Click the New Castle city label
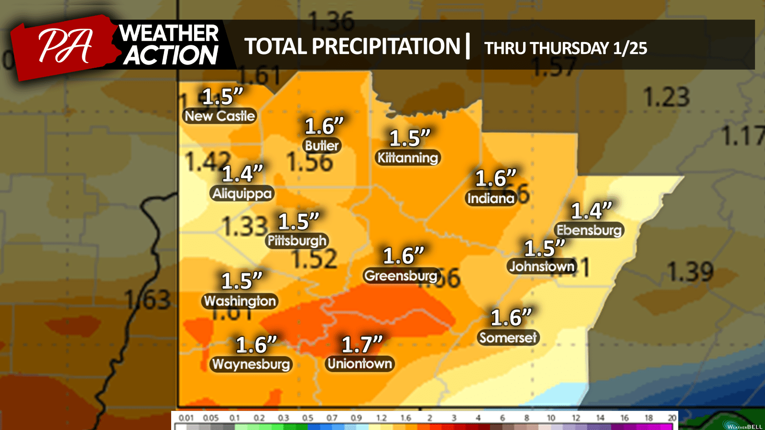coord(220,116)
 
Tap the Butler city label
coord(322,146)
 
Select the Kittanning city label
coord(407,158)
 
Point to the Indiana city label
coord(491,198)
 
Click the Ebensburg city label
coord(589,230)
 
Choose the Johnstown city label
coord(542,266)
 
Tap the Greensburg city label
coord(401,276)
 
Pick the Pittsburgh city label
coord(297,240)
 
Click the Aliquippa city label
coord(242,193)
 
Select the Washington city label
coord(240,301)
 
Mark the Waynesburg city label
coord(251,364)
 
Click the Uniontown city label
coord(360,364)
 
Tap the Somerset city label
coord(508,338)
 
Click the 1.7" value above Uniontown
coord(362,344)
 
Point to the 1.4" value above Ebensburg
coord(591,211)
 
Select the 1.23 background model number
coord(667,97)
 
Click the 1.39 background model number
coord(690,272)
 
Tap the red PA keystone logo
coord(65,47)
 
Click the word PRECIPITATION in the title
coord(385,47)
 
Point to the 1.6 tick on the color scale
coord(405,418)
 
